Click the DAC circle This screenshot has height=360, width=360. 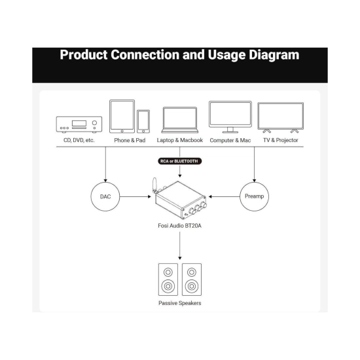click(x=105, y=183)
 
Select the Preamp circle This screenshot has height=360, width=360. click(x=254, y=183)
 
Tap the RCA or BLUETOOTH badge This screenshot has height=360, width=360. click(x=179, y=161)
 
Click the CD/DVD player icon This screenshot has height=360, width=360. click(x=79, y=124)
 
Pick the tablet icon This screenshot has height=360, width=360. click(x=122, y=117)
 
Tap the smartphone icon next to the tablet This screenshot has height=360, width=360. click(x=143, y=122)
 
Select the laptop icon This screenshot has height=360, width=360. click(x=180, y=120)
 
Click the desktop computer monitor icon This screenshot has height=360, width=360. click(x=230, y=117)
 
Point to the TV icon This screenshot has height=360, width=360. click(x=281, y=118)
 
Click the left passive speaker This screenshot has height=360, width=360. click(x=168, y=279)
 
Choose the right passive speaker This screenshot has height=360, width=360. click(x=192, y=279)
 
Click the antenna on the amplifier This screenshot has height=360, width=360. click(x=154, y=185)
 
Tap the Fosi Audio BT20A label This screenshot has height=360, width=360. click(x=179, y=226)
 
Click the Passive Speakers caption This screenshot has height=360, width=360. click(x=180, y=303)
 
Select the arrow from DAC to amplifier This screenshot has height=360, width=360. click(x=135, y=196)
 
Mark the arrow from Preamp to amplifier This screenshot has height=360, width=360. click(x=224, y=196)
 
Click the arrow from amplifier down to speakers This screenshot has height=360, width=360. click(x=180, y=245)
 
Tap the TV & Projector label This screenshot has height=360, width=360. click(x=281, y=140)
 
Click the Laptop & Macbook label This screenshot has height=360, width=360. click(x=180, y=140)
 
